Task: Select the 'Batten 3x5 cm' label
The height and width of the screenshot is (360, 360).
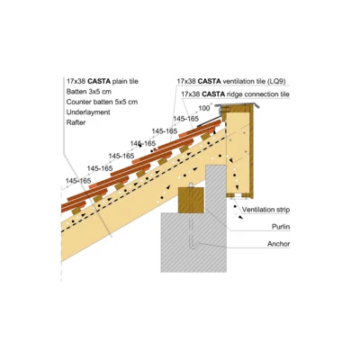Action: click(x=88, y=92)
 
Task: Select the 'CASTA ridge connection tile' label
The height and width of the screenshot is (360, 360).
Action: click(x=235, y=94)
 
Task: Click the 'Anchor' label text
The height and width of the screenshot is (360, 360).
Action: click(x=278, y=242)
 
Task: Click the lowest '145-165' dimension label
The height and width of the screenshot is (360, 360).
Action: click(x=77, y=181)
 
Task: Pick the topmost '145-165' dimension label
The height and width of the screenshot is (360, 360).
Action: click(x=185, y=118)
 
